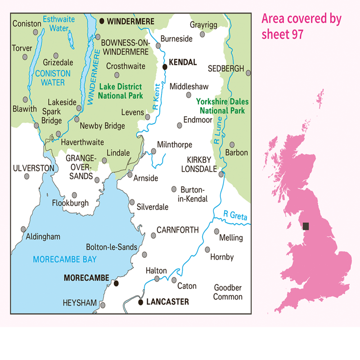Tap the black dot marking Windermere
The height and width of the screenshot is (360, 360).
102,21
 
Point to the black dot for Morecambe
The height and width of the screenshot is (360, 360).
116,283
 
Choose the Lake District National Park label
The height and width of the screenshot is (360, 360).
121,91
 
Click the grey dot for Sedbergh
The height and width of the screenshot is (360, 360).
248,72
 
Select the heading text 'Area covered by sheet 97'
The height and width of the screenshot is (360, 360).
301,26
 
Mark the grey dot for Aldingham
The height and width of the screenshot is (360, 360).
23,229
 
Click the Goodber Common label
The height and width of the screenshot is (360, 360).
228,292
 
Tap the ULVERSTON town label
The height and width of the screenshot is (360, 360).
34,168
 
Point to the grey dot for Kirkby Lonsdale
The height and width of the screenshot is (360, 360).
221,174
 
